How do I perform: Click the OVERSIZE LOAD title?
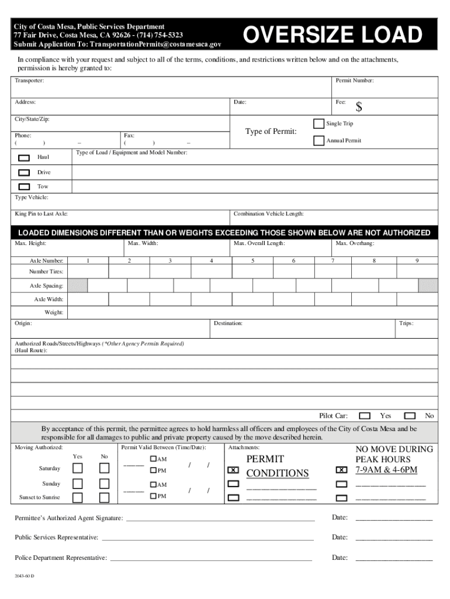point(333,35)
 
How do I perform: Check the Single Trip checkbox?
point(319,123)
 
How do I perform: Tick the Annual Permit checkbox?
point(319,140)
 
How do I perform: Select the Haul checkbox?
point(24,157)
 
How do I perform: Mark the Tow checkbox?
point(24,187)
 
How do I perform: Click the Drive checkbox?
point(24,173)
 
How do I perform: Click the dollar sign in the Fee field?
point(359,107)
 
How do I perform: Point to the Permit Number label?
point(354,80)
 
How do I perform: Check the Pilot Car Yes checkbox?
point(365,416)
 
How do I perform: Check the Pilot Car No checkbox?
point(410,416)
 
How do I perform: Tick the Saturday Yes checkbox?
point(78,468)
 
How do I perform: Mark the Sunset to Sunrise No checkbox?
point(104,497)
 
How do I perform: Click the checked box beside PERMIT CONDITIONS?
point(233,470)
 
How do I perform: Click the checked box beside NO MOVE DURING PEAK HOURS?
point(341,470)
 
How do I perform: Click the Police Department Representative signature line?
point(211,557)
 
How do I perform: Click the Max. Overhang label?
point(355,243)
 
